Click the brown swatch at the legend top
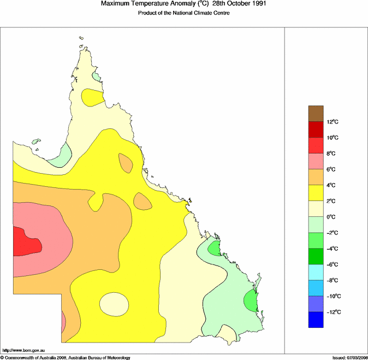pos(316,113)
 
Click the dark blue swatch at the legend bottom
pos(316,320)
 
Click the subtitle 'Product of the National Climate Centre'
pos(183,13)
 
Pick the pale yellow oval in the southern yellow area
pos(114,304)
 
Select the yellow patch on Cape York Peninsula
pos(92,97)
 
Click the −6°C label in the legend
pos(332,264)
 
